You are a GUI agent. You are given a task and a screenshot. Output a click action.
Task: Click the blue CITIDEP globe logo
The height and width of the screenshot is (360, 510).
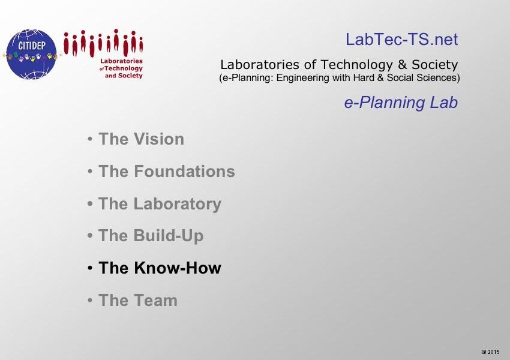pos(31,55)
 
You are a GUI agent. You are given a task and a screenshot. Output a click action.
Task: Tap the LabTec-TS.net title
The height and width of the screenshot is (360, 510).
pos(401,40)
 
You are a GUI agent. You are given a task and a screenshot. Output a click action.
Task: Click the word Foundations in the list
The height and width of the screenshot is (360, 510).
pos(184,171)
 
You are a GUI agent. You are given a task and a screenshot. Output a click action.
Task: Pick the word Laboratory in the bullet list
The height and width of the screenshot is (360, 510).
pos(178,204)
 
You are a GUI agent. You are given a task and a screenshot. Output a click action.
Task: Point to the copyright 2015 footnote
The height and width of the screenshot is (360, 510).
pos(490,352)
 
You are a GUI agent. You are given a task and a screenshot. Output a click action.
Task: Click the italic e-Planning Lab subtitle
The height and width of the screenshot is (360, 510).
pos(401,103)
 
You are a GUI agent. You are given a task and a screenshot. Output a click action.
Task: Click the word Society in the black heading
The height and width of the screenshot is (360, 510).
pos(435,65)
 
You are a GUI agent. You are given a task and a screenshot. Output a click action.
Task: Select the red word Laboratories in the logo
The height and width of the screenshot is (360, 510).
pos(121,61)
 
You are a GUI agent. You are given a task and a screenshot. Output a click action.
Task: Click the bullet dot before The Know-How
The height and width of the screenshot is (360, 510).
pos(90,268)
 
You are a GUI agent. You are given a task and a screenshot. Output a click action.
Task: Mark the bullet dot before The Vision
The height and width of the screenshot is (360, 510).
pos(90,139)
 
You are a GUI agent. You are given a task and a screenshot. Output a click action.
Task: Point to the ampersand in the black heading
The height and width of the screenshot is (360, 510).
pos(403,65)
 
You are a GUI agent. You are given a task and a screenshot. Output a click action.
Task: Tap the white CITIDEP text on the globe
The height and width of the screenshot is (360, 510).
pos(32,45)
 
